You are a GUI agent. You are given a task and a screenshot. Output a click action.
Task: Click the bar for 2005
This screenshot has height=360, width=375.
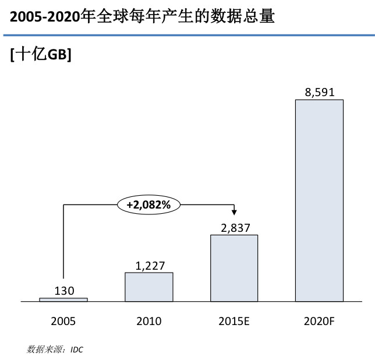[63, 299]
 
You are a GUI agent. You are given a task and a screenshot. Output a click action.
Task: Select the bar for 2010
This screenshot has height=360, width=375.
[149, 287]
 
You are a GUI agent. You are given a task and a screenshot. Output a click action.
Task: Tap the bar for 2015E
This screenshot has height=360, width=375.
[234, 268]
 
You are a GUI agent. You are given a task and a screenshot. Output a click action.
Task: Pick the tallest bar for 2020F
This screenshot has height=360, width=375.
[319, 200]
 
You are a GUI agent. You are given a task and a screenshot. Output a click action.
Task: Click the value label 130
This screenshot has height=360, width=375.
[64, 290]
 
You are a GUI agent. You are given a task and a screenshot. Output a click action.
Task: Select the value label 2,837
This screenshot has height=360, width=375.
[234, 228]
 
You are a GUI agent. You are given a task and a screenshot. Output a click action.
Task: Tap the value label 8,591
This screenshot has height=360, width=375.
[319, 93]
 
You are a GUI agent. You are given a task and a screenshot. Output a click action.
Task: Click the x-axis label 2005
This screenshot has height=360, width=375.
[63, 321]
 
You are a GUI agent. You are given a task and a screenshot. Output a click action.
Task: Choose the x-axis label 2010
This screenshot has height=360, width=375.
[149, 321]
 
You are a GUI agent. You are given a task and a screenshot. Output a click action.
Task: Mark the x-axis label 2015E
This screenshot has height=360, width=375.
[234, 321]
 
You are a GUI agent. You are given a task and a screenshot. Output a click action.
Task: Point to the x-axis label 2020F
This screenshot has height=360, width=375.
[319, 321]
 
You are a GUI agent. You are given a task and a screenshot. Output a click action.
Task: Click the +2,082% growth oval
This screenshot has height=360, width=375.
[149, 204]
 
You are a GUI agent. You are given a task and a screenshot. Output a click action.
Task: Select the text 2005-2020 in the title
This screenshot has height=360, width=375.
[45, 16]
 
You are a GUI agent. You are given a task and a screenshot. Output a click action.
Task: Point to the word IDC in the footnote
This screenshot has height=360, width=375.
[77, 350]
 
